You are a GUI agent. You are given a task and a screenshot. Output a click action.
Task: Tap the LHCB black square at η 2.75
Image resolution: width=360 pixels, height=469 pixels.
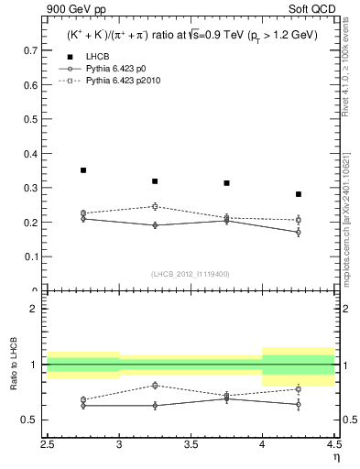click(x=83, y=170)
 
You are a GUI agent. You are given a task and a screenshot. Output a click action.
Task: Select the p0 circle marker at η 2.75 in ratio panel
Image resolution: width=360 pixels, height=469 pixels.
click(x=83, y=405)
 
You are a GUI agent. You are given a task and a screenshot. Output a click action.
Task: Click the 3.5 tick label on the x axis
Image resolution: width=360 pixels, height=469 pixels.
click(x=191, y=444)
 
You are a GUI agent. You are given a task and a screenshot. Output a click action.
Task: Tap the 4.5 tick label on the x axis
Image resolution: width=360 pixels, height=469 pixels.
click(x=333, y=444)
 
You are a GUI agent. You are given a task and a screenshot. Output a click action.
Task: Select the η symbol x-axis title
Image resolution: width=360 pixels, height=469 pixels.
click(x=336, y=455)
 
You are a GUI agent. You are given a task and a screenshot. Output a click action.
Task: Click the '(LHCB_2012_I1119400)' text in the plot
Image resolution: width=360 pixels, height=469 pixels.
click(x=190, y=274)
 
